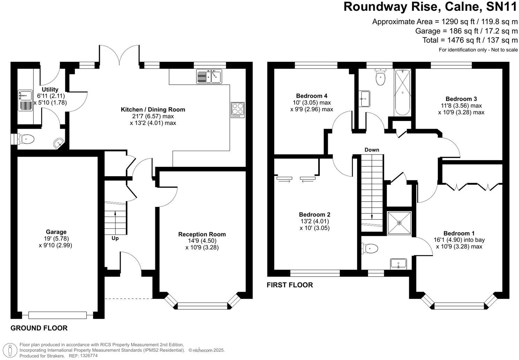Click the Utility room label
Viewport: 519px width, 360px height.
coord(50,90)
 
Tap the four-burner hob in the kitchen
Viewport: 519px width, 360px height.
coord(238,110)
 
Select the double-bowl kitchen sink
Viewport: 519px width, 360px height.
coord(209,77)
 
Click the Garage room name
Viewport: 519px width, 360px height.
coord(56,232)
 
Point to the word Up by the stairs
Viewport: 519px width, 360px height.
coord(115,239)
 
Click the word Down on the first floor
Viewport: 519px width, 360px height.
coord(372,150)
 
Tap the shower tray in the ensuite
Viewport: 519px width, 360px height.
coord(399,223)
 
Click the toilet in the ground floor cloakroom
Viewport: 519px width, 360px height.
coord(27,140)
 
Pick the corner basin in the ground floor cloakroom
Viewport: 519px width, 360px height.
coord(59,143)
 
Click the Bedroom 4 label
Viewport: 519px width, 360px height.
coord(311,96)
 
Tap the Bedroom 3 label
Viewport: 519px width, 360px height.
coord(461,99)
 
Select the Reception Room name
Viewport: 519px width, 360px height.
coord(202,234)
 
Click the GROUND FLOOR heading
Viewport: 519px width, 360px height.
coord(39,328)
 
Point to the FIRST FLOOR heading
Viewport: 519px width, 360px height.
coord(290,285)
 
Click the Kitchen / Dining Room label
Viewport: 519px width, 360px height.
coord(153,110)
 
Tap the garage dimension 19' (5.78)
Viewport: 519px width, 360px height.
coord(55,239)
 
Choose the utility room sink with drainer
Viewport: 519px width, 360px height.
coord(25,100)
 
